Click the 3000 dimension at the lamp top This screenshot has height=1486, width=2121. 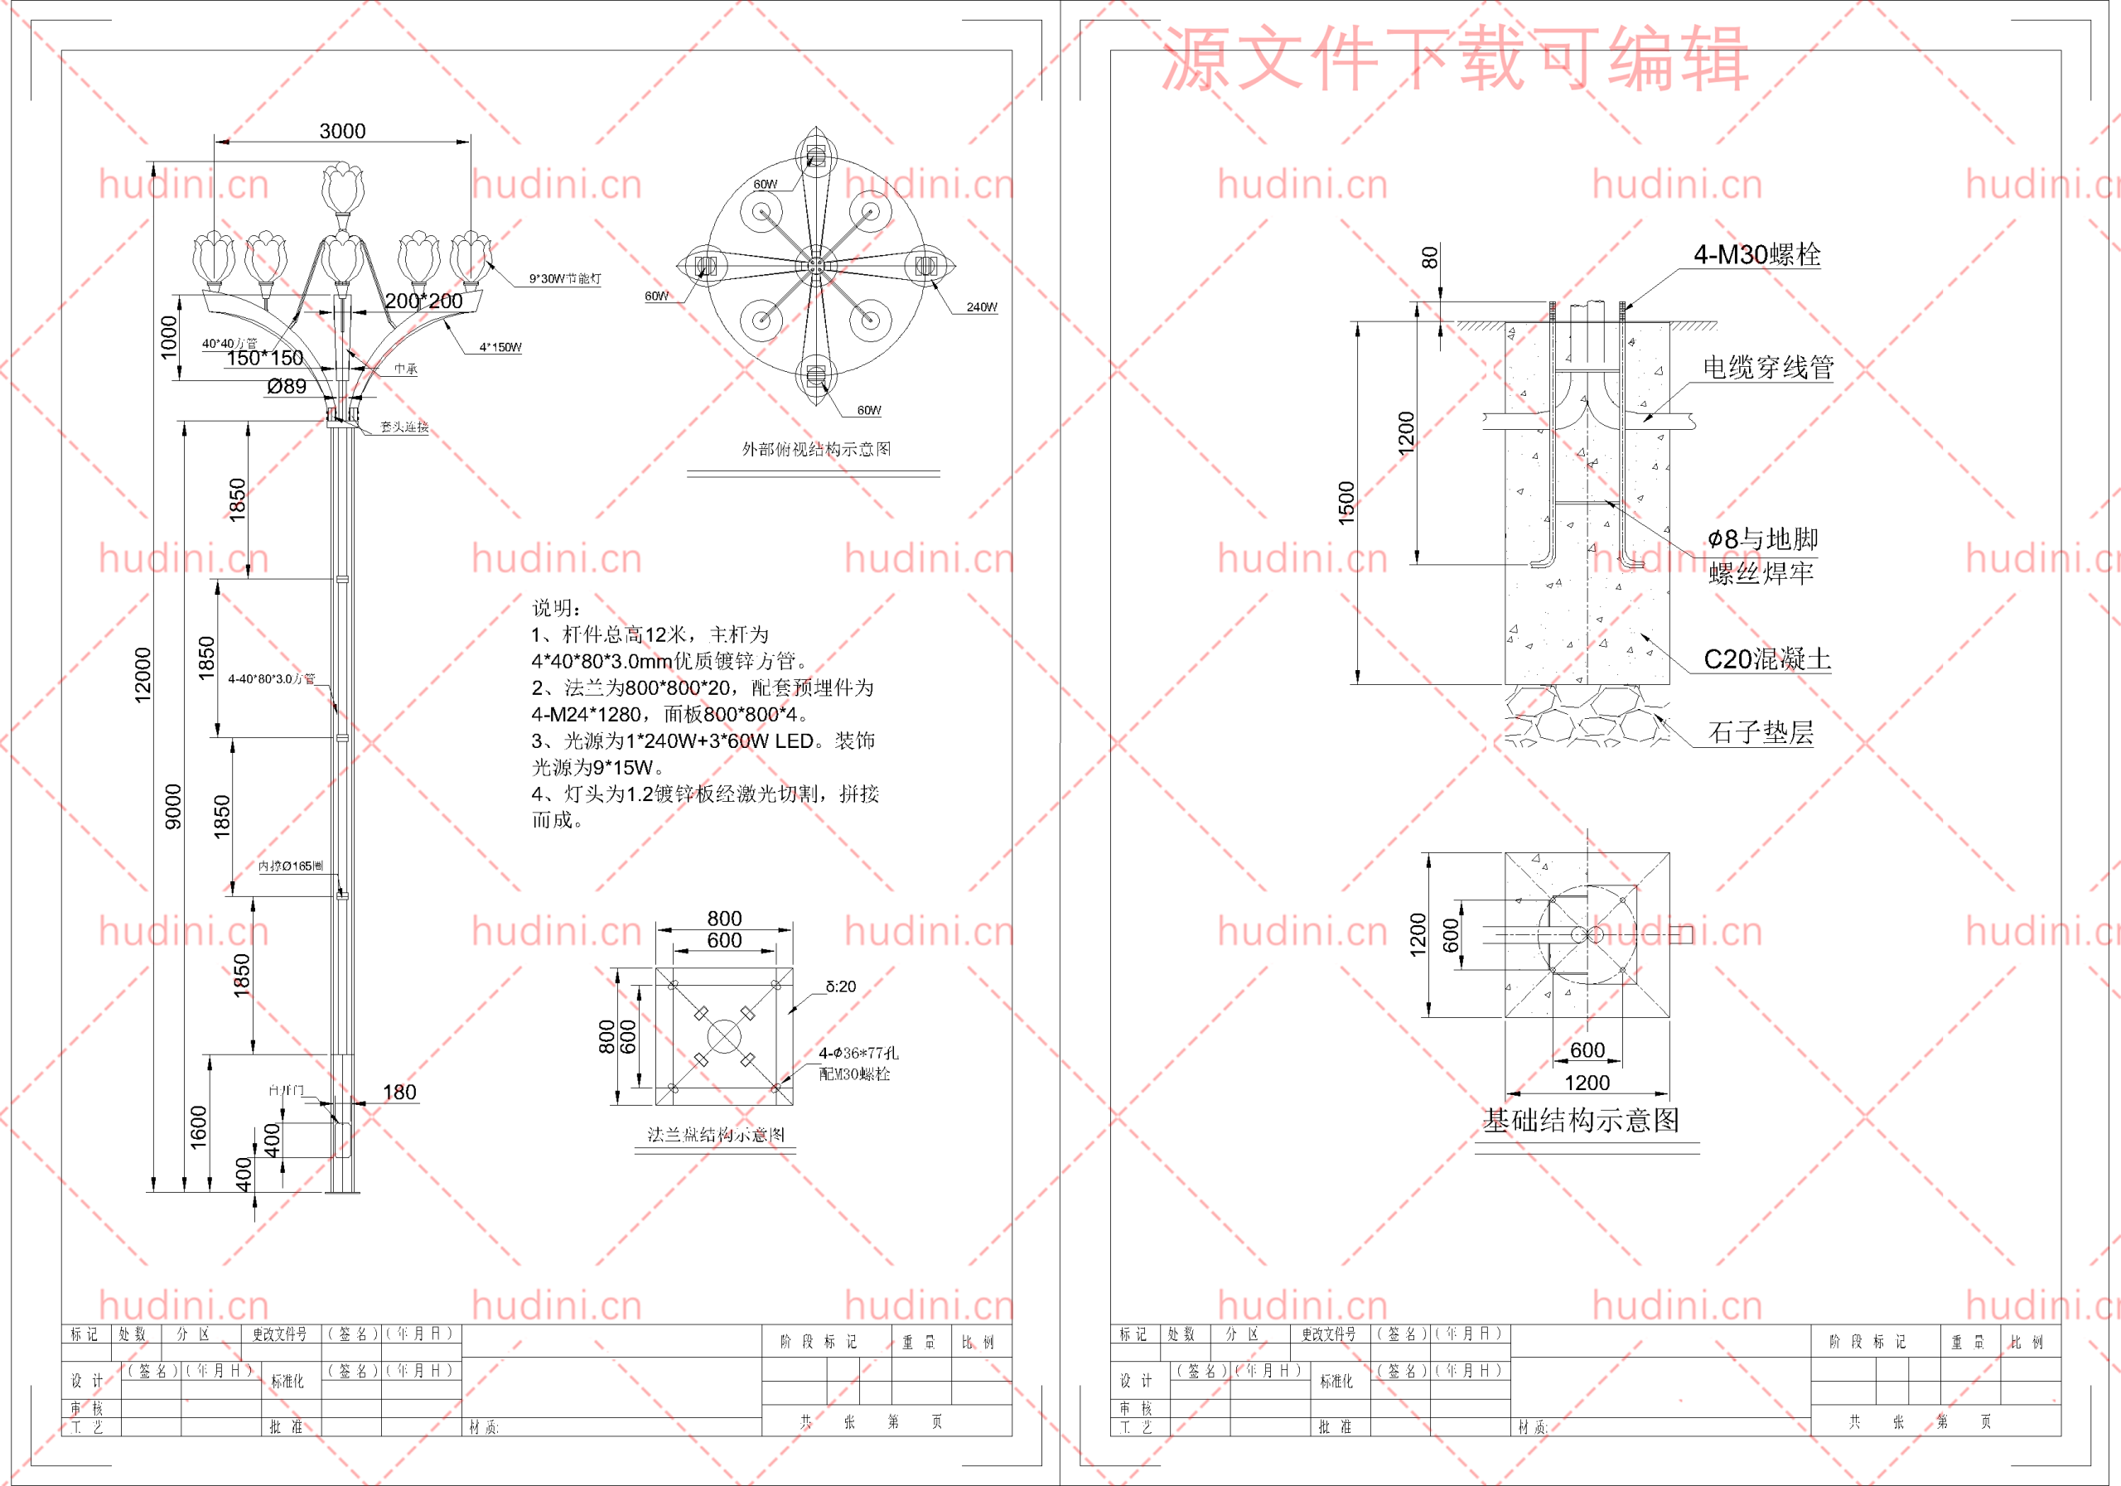coord(342,131)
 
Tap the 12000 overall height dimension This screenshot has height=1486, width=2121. coord(143,675)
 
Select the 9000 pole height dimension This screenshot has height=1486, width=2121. coord(174,806)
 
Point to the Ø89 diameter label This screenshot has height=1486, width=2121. coord(287,387)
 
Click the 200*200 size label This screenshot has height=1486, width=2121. coord(423,301)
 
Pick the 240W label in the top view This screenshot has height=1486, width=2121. coord(981,307)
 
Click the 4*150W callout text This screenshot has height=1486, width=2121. coord(500,348)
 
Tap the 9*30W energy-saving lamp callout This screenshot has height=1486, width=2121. coord(564,279)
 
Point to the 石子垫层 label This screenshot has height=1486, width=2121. coord(1760,732)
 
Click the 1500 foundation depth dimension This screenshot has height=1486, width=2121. coord(1347,504)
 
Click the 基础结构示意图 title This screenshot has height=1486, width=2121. coord(1581,1120)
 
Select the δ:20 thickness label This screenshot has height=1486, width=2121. coord(841,987)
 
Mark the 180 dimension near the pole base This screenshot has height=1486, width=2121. coord(399,1093)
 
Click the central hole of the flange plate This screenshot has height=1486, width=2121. coord(724,1036)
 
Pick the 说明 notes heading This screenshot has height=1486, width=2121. coord(555,608)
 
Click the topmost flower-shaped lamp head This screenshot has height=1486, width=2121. coord(343,187)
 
